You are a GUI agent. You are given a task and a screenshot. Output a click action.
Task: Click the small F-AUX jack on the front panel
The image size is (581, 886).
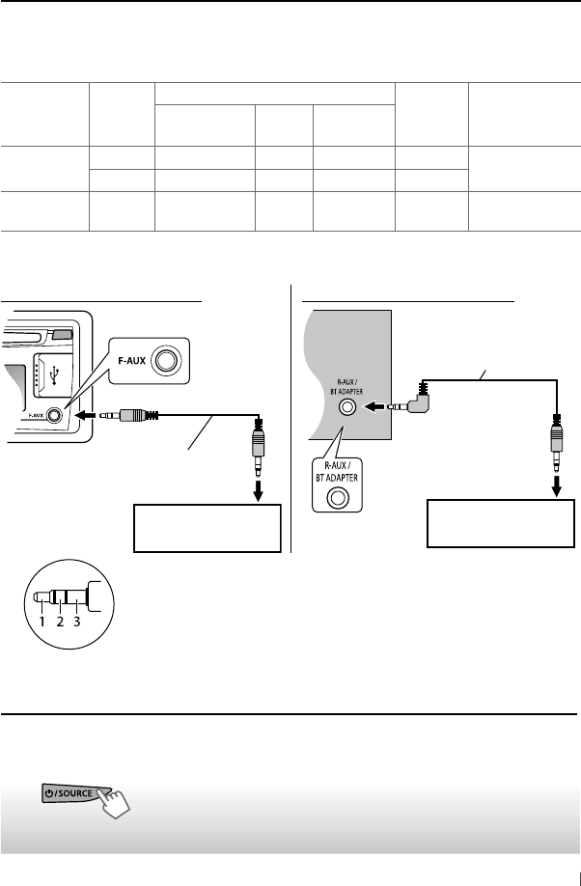pos(57,416)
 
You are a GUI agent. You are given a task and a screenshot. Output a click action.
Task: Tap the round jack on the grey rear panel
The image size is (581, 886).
pos(344,407)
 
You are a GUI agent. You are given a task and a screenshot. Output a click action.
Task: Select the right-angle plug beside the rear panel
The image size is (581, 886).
pos(416,401)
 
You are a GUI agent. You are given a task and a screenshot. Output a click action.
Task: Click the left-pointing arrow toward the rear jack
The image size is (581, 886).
pos(373,407)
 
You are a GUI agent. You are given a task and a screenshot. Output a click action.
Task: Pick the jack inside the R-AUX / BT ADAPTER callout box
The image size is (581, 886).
pos(338,499)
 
